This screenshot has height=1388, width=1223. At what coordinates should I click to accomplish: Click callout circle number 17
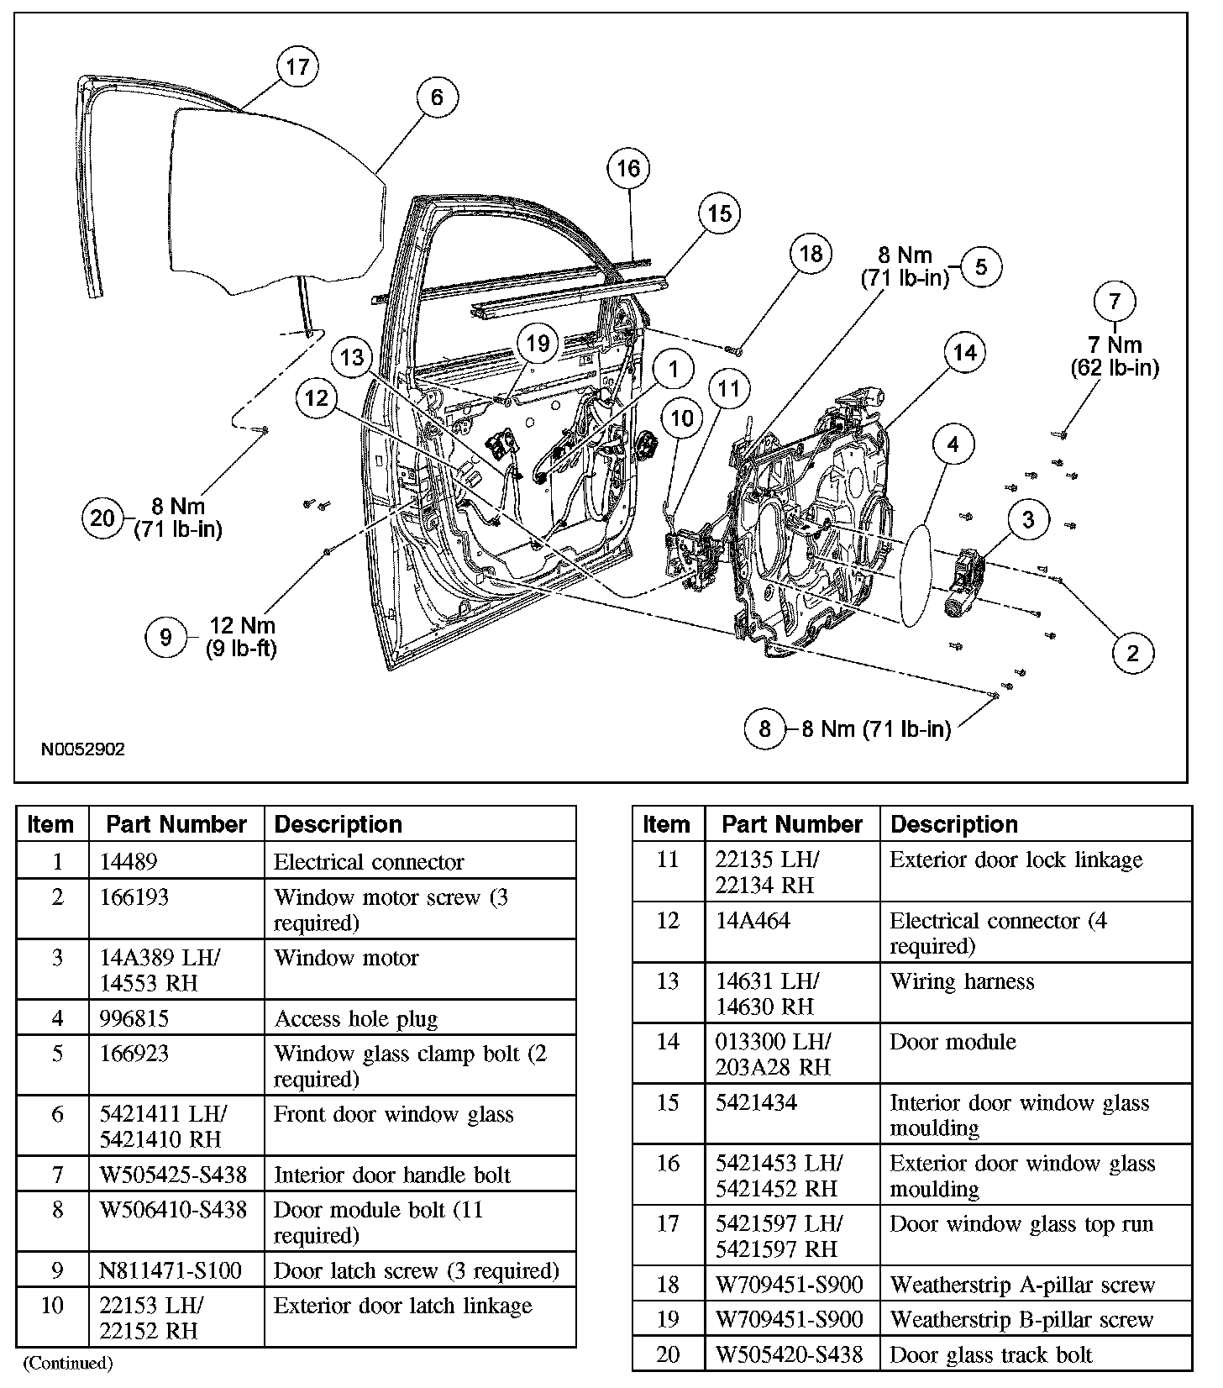point(297,66)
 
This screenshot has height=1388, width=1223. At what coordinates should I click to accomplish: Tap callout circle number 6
point(437,97)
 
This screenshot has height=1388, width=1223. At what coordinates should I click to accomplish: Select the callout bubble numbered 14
point(964,353)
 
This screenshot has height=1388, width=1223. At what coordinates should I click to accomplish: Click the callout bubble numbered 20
point(102,518)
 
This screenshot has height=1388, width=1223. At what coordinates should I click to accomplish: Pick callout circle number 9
point(165,637)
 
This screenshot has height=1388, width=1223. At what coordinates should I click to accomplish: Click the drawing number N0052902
point(83,749)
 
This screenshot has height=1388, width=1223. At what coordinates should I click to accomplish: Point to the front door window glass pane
point(277,202)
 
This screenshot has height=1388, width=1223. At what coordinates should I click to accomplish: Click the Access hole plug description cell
point(356,1018)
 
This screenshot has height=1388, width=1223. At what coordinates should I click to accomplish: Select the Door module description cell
point(953,1042)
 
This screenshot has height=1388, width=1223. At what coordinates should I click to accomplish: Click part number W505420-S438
point(787,1354)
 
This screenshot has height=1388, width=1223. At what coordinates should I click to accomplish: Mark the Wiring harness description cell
point(962,981)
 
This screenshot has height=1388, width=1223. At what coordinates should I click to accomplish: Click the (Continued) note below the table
point(68,1363)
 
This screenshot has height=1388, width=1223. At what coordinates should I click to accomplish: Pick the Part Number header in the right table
point(792,824)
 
